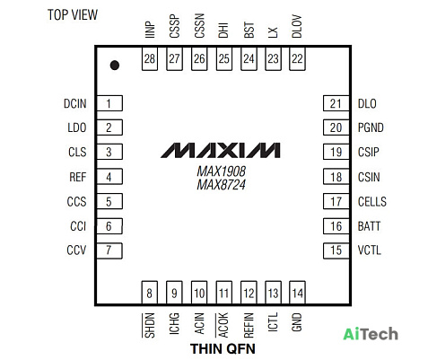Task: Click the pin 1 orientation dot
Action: pos(115,66)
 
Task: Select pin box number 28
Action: pos(150,58)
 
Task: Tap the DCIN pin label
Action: pos(75,103)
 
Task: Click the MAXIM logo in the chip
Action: pos(221,150)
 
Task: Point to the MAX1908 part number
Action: pos(222,171)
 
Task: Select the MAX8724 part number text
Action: pos(222,184)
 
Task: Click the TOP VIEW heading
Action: pos(73,14)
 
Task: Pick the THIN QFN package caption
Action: pos(223,348)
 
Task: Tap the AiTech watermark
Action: pos(371,334)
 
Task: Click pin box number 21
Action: pos(336,103)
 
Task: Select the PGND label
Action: pos(371,127)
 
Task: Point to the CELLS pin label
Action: pos(372,201)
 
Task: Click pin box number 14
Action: pos(297,293)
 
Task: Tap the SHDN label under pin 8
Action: pos(149,325)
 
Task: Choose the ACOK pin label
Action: pos(223,325)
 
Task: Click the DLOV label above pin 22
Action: pos(297,26)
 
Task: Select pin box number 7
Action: pos(109,250)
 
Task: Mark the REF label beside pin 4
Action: pos(78,177)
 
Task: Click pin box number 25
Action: pos(224,58)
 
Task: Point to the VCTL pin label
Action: pos(370,250)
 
